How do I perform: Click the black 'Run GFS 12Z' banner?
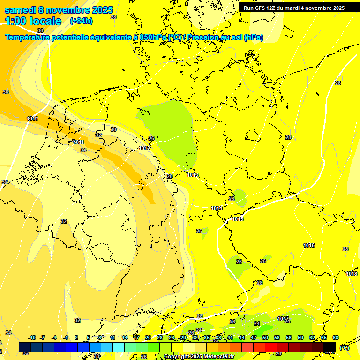(x=294, y=7)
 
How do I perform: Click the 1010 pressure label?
(x=32, y=119)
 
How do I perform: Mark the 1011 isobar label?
(x=79, y=142)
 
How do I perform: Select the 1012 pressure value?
(x=145, y=148)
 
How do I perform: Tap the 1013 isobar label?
(x=193, y=175)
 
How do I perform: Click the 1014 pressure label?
(x=216, y=208)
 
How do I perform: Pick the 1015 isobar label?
(x=238, y=219)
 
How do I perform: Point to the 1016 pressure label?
(x=309, y=245)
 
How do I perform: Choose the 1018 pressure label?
(x=352, y=274)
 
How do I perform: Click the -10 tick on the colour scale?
(x=32, y=337)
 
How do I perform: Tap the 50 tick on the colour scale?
(x=265, y=337)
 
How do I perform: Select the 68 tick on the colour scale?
(x=336, y=337)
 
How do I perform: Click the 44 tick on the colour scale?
(x=242, y=337)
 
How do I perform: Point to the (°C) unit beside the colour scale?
(x=344, y=347)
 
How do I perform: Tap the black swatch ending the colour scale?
(x=330, y=347)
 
